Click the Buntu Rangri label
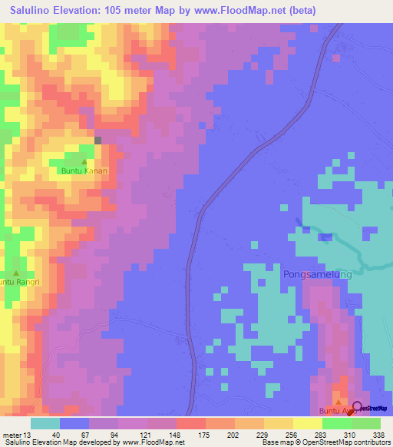click(17, 282)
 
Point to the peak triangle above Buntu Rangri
click(15, 272)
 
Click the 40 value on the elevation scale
click(46, 435)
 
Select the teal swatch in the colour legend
click(45, 423)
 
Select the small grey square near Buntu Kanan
click(98, 139)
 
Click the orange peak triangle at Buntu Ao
click(337, 402)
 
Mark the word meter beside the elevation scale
click(10, 435)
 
